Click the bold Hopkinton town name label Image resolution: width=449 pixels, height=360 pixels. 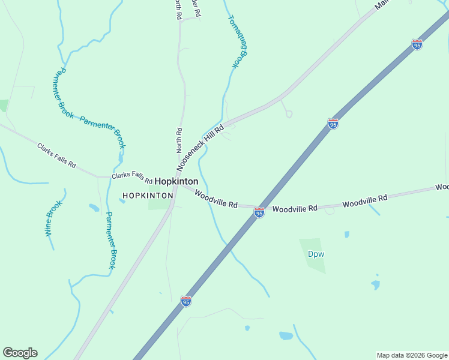click(x=176, y=181)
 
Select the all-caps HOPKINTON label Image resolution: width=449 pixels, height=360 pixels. click(x=147, y=196)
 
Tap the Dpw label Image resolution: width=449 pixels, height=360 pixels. click(x=316, y=254)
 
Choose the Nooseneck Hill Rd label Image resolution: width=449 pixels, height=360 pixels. click(x=200, y=148)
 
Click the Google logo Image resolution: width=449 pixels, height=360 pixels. click(x=20, y=353)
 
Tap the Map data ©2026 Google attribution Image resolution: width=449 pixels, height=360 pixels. click(x=412, y=355)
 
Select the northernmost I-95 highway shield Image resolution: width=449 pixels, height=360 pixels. click(x=417, y=44)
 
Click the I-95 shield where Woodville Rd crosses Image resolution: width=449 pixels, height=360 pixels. click(x=259, y=212)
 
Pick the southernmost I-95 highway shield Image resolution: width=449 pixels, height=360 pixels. click(x=186, y=301)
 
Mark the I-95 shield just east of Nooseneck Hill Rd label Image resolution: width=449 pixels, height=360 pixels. click(x=333, y=124)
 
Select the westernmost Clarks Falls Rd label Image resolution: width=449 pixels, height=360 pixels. click(x=56, y=155)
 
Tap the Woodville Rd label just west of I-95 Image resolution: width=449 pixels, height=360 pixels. click(x=216, y=200)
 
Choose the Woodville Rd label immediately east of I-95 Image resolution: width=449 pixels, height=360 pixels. click(x=294, y=208)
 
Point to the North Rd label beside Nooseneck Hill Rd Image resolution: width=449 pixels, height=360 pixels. click(x=178, y=139)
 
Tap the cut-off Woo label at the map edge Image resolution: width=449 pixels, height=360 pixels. click(x=442, y=187)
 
